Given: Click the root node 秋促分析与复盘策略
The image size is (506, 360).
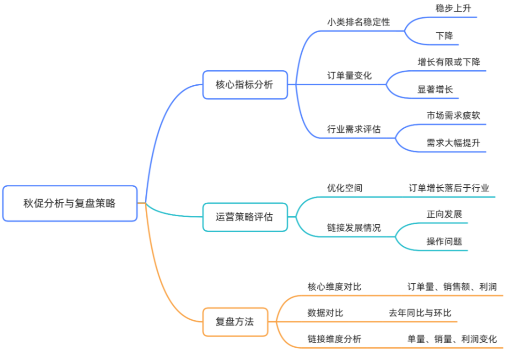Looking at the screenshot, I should tap(70, 204).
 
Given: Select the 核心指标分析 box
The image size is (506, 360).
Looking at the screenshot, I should tap(245, 85).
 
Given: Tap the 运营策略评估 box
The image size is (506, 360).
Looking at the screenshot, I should tap(245, 217).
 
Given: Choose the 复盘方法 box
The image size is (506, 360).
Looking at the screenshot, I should tap(235, 322).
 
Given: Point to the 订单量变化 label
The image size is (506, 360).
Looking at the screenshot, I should tap(350, 75).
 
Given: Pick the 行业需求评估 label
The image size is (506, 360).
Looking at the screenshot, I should tap(354, 129).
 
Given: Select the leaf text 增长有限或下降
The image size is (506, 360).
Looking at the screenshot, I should tap(449, 62).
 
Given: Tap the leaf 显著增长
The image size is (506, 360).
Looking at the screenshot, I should tap(435, 89).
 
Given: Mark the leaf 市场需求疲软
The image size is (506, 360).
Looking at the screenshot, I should tap(453, 115).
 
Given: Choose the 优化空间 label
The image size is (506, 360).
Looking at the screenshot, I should tap(345, 188).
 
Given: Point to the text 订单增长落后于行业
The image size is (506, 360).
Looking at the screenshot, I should tap(449, 188).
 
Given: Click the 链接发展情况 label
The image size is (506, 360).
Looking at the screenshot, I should tap(354, 228).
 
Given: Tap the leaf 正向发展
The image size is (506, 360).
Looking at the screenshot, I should tap(444, 214).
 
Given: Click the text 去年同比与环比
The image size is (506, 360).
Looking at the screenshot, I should tap(420, 313).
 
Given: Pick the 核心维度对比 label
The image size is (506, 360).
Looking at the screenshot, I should tap(335, 287).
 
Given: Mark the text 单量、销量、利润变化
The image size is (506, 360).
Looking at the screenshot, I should tap(452, 339).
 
